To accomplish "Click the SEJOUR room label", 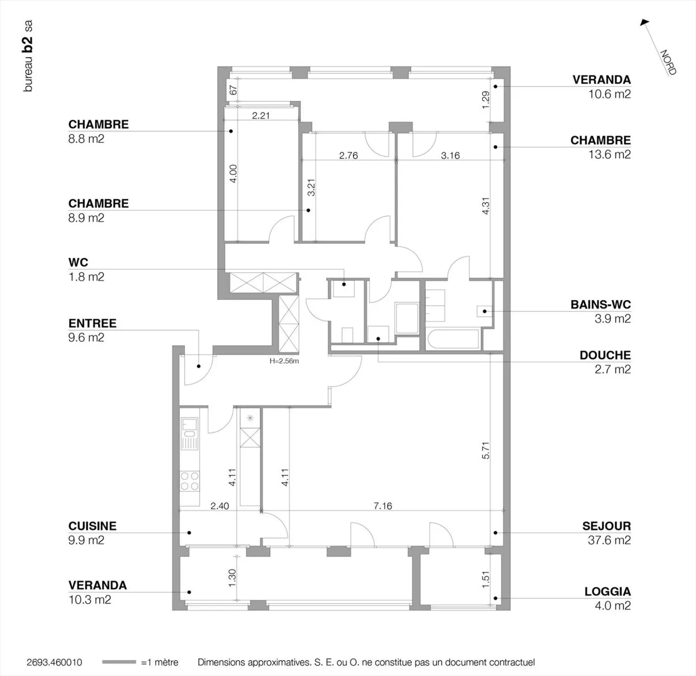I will [606, 526].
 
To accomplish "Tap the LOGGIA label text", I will [607, 591].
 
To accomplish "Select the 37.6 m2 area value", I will [609, 540].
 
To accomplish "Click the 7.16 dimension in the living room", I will [383, 506].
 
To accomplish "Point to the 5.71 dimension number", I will [486, 450].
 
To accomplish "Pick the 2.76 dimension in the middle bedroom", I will [348, 155].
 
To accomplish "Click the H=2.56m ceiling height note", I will [284, 361].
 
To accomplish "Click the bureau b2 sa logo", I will [29, 56].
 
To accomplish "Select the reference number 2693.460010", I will [54, 662].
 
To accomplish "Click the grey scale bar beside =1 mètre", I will [119, 662].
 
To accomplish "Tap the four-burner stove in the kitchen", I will [189, 481].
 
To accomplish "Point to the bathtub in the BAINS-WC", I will [452, 339].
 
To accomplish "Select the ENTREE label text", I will [92, 323].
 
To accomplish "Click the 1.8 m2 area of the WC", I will [86, 277].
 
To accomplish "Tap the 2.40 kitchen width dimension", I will [219, 506].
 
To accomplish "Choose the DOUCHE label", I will [605, 355].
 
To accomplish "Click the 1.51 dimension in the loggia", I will [486, 580].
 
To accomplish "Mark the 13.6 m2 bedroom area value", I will [609, 154].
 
